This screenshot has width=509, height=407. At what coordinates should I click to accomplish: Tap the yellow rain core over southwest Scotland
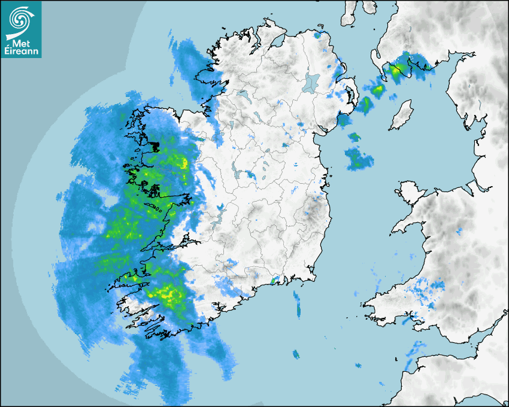click(x=396, y=71)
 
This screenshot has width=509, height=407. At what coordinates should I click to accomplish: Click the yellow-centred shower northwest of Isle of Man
click(x=377, y=90)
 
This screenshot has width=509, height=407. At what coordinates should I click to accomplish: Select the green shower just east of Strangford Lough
click(x=364, y=105)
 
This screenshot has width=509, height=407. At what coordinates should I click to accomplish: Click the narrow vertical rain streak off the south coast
click(x=297, y=303)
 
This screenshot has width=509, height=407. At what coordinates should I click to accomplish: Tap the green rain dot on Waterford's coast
click(x=273, y=280)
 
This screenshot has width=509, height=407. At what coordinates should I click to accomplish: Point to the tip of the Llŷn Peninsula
click(x=394, y=230)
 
